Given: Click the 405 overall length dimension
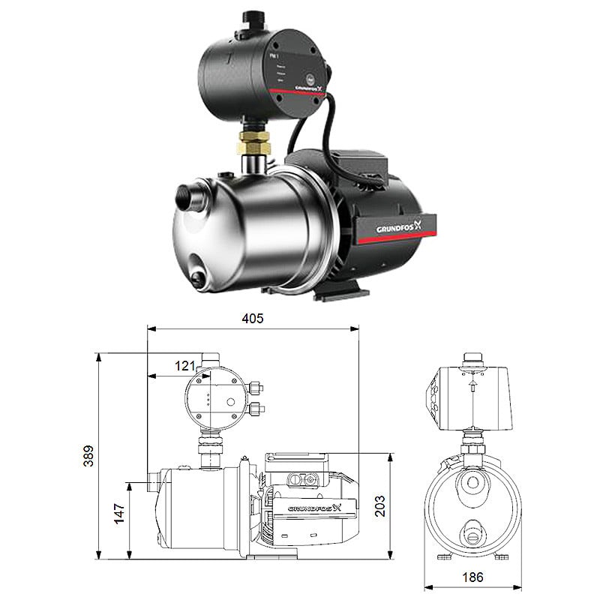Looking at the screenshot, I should coord(253,318).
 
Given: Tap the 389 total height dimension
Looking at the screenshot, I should coord(88,455).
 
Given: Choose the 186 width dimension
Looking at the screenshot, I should coord(472,577).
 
